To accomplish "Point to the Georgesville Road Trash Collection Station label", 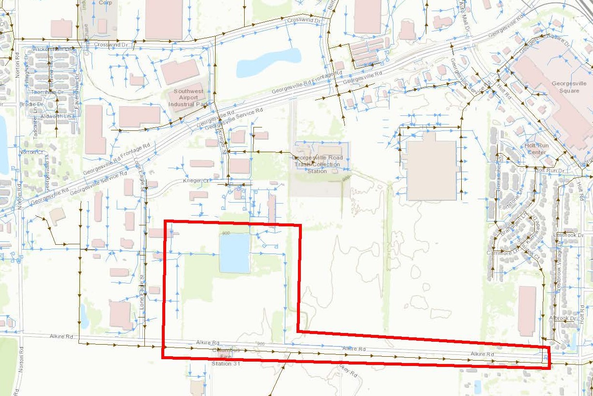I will (x=317, y=164).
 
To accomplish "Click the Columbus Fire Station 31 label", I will (x=222, y=356).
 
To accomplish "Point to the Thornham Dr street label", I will (x=47, y=92).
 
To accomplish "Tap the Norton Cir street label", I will (x=27, y=152).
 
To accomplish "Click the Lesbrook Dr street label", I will (x=565, y=235).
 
